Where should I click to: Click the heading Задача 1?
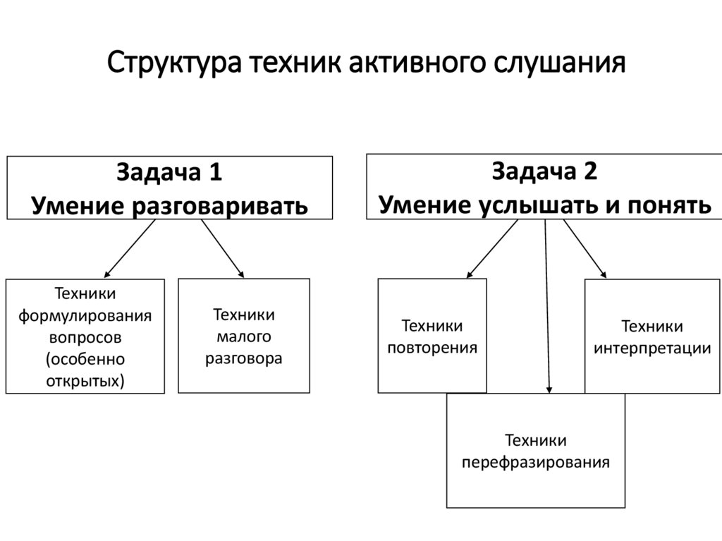pos(169,173)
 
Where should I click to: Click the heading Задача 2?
pos(544,171)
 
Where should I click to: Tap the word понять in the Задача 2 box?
pos(666,205)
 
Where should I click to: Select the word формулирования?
pos(85,315)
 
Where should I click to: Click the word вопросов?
pos(85,337)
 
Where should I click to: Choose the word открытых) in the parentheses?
pos(85,382)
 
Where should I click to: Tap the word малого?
pos(244,336)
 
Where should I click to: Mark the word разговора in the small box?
pos(244,358)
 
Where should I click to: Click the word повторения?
pos(432,348)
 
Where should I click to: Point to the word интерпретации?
pos(652,348)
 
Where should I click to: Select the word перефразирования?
pos(535,463)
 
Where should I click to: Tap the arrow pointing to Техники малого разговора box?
pos(222,248)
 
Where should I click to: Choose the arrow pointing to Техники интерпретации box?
pos(585,248)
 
